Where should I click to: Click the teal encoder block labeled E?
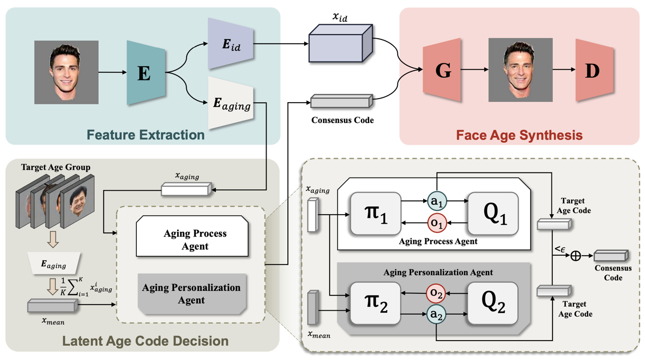(x=145, y=73)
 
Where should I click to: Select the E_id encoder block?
(x=230, y=44)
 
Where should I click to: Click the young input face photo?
(x=66, y=72)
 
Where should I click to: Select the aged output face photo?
(x=520, y=70)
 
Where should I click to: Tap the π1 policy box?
(x=375, y=213)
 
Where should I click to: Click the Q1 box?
(x=492, y=213)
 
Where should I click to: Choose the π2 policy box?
(x=375, y=303)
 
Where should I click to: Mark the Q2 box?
(x=492, y=303)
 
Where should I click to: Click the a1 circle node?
(x=437, y=201)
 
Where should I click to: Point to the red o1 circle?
(x=437, y=223)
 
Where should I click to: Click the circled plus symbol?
(x=575, y=255)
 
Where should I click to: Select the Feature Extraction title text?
(x=145, y=135)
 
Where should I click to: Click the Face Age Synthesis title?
(x=519, y=135)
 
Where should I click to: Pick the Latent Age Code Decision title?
(x=145, y=340)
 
